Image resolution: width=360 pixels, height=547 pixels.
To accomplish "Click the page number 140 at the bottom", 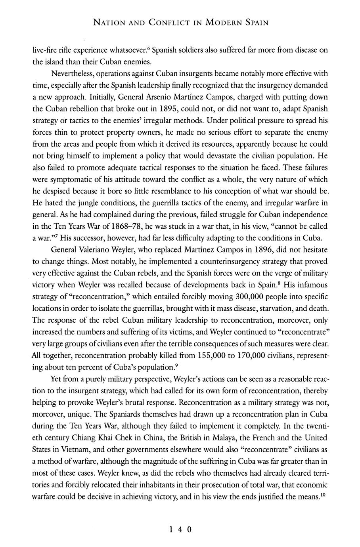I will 180,530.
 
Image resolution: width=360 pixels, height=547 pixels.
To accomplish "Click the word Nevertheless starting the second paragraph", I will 73,73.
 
